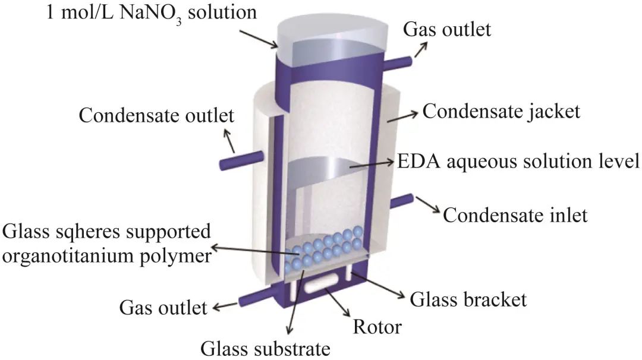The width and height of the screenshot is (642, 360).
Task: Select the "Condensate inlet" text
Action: tap(515, 214)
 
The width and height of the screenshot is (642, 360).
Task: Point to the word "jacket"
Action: tap(548, 111)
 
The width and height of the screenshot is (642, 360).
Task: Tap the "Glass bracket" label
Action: tap(468, 299)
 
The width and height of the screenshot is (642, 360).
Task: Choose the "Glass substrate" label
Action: tap(265, 348)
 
